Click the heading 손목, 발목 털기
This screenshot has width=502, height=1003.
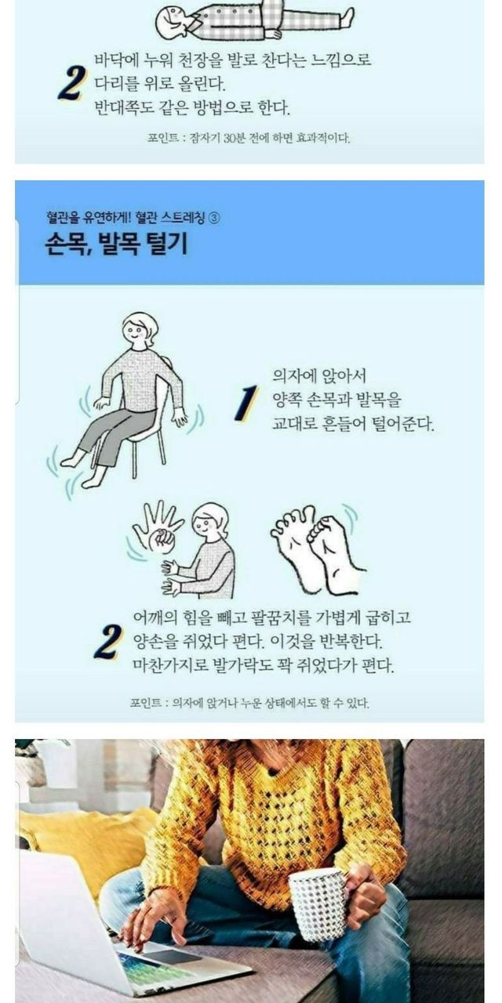click(x=116, y=244)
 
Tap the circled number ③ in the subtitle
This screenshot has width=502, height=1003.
click(x=214, y=218)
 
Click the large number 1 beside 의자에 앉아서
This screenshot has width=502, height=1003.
click(x=246, y=403)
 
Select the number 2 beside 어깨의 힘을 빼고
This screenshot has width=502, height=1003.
click(x=107, y=642)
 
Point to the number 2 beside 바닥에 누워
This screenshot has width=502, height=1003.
click(x=71, y=84)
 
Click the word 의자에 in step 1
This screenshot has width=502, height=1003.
click(x=294, y=375)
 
